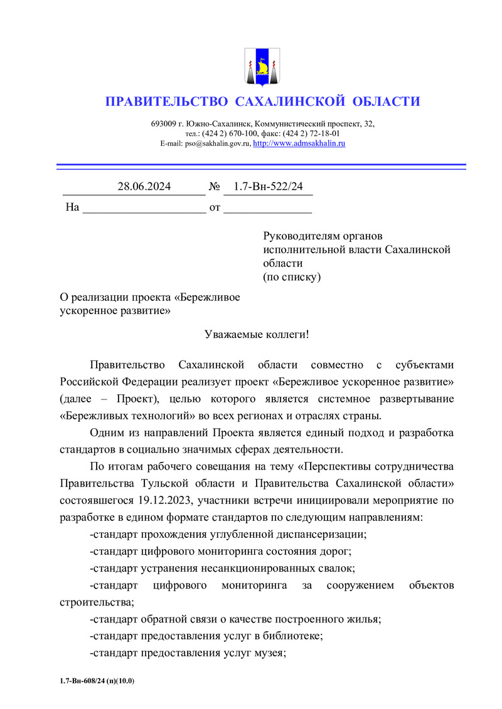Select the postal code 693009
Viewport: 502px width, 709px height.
pos(163,124)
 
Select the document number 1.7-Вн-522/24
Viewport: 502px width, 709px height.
pos(268,186)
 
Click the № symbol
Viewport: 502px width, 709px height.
pos(214,186)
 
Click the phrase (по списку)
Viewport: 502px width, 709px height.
pos(292,277)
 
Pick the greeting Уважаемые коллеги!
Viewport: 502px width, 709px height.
pos(257,334)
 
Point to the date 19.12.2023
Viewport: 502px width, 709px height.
pos(164,501)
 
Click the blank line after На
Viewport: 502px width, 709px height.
pos(144,207)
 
